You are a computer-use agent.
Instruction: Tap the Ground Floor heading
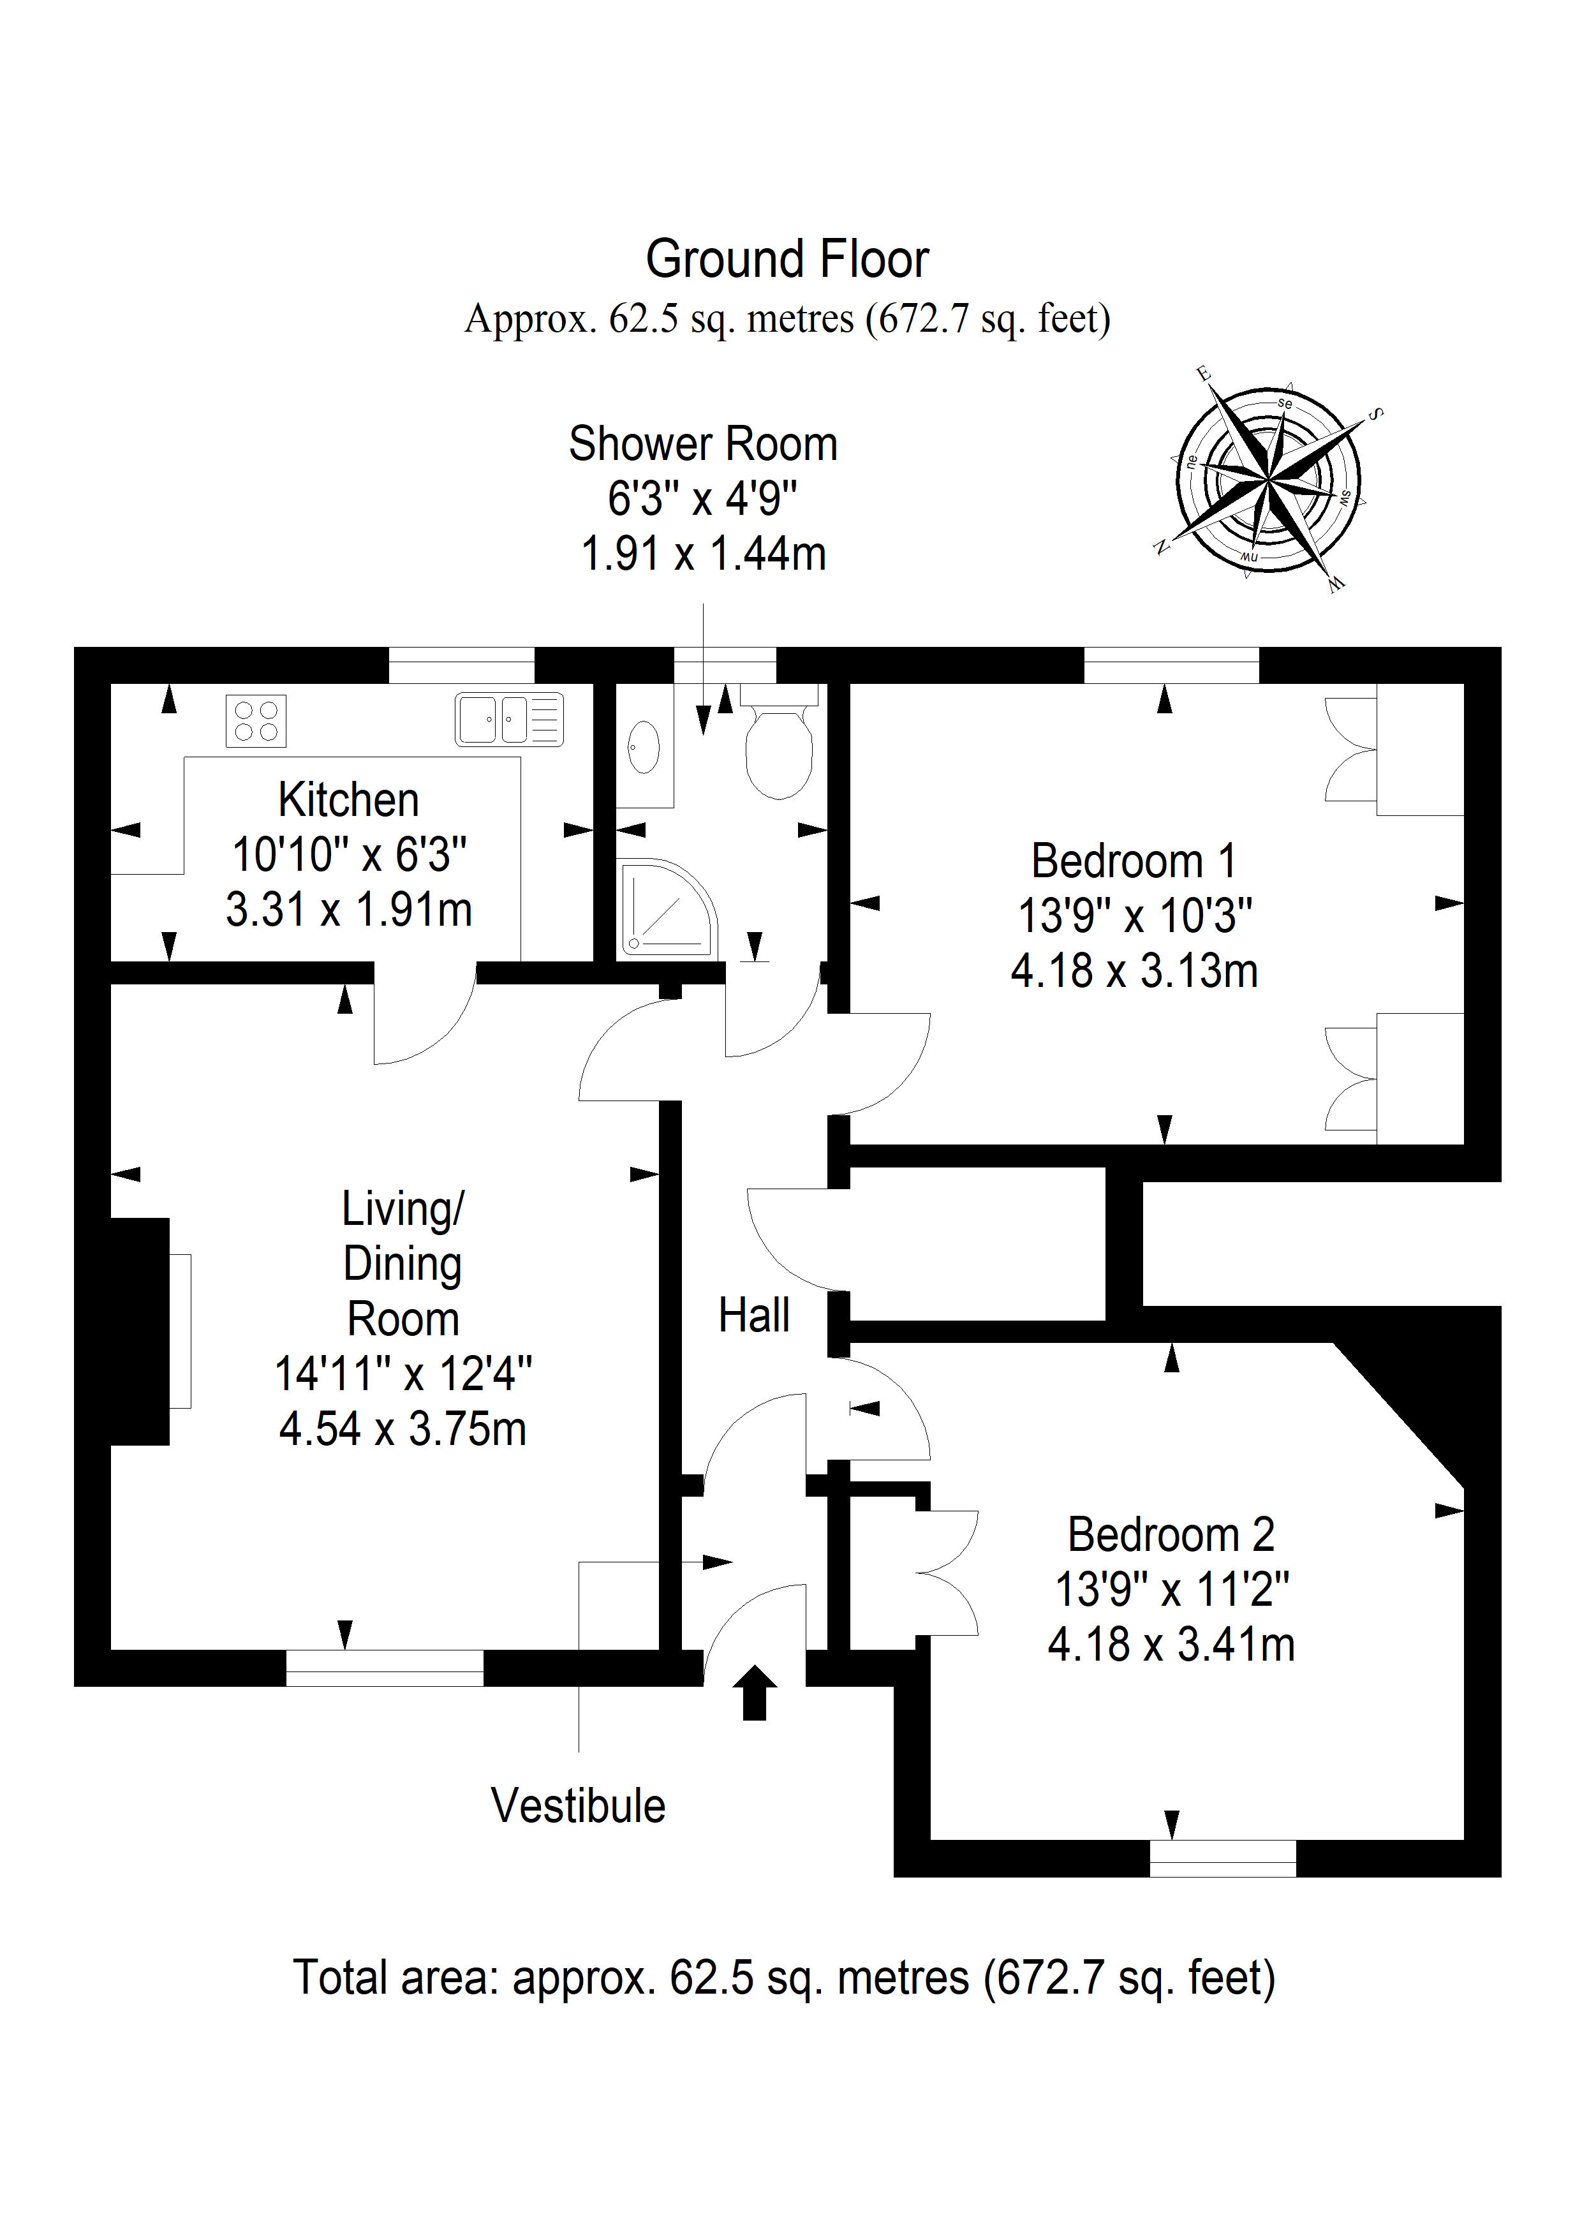(788, 259)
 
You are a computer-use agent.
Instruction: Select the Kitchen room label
(349, 800)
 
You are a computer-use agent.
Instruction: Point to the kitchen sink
(510, 720)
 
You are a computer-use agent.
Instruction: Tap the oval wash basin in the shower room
(644, 746)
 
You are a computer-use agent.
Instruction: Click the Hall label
(753, 1316)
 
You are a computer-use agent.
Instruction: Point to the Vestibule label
(578, 1806)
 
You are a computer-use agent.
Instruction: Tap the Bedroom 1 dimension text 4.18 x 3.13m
(1135, 972)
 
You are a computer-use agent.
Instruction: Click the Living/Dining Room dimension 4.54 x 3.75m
(403, 1430)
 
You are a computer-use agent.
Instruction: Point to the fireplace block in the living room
(140, 1331)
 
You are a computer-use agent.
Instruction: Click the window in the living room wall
(384, 1668)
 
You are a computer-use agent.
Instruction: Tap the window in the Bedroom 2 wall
(1223, 1859)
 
